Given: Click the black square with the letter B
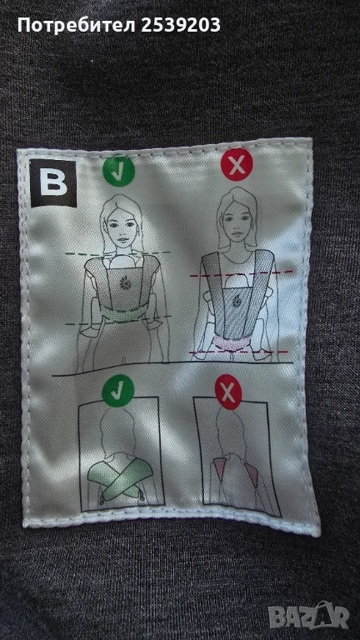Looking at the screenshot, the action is tap(53, 183).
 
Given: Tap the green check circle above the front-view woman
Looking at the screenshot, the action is tap(118, 171).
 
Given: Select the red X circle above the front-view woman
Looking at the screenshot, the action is tap(237, 164).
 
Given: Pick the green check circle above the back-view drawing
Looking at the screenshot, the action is tap(118, 391).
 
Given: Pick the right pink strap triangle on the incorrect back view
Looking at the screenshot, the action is tap(252, 475).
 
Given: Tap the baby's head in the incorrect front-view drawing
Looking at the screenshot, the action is tap(234, 282).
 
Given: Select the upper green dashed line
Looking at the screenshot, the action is tap(117, 253).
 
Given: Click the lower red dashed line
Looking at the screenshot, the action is tap(239, 352).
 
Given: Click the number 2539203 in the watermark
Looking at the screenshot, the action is tap(181, 26).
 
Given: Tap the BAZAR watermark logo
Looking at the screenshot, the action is tap(308, 616).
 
